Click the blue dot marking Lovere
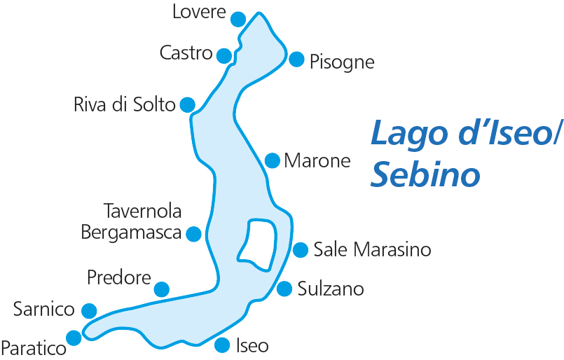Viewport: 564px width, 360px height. (x=238, y=19)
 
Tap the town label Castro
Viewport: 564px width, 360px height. (x=186, y=53)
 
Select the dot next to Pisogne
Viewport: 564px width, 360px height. (x=296, y=59)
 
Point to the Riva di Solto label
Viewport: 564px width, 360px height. (x=124, y=105)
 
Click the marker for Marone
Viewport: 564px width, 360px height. (x=273, y=160)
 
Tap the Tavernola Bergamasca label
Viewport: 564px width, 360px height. (x=132, y=221)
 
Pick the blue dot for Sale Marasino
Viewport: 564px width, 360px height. (x=301, y=249)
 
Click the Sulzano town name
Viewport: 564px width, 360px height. (x=331, y=289)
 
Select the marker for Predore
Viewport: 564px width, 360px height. (x=162, y=289)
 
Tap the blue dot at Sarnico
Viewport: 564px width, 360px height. (x=89, y=310)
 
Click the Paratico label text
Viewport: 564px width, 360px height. (x=33, y=347)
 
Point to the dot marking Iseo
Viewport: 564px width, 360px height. (x=222, y=345)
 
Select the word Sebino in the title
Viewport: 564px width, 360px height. (x=425, y=175)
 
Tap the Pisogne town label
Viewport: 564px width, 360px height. (x=342, y=62)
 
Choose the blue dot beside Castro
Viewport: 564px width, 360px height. (x=224, y=55)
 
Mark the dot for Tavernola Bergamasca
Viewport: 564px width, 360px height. (x=194, y=234)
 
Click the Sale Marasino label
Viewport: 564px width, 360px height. (x=372, y=249)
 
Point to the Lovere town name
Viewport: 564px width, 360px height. (x=199, y=12)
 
